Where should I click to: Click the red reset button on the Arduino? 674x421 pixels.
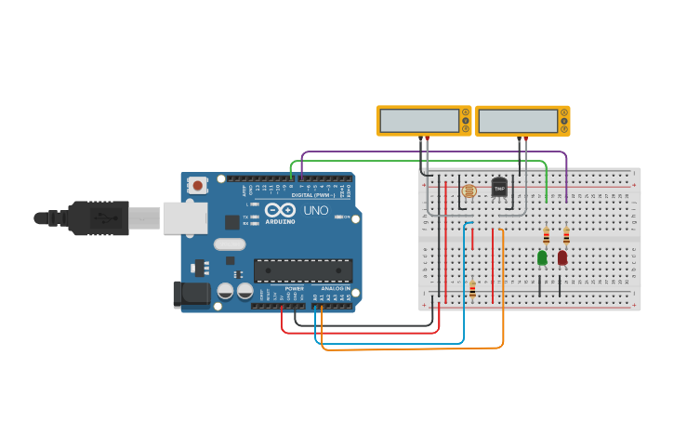pyautogui.click(x=198, y=185)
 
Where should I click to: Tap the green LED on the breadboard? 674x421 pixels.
pyautogui.click(x=542, y=257)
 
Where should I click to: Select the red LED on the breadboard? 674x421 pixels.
pyautogui.click(x=562, y=257)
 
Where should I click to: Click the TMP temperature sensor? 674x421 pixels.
pyautogui.click(x=499, y=188)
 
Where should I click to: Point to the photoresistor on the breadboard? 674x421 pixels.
pyautogui.click(x=469, y=191)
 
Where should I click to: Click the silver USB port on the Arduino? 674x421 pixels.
pyautogui.click(x=185, y=218)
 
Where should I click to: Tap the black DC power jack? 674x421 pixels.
pyautogui.click(x=192, y=294)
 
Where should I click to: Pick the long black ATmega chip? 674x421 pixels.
pyautogui.click(x=303, y=270)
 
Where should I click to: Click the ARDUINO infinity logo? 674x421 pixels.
pyautogui.click(x=280, y=211)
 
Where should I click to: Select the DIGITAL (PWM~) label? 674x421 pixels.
pyautogui.click(x=312, y=195)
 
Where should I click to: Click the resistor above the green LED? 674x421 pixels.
pyautogui.click(x=546, y=236)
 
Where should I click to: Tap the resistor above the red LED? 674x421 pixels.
pyautogui.click(x=566, y=236)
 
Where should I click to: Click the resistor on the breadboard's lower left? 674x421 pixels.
pyautogui.click(x=472, y=291)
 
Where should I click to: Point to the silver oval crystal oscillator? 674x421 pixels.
pyautogui.click(x=229, y=244)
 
